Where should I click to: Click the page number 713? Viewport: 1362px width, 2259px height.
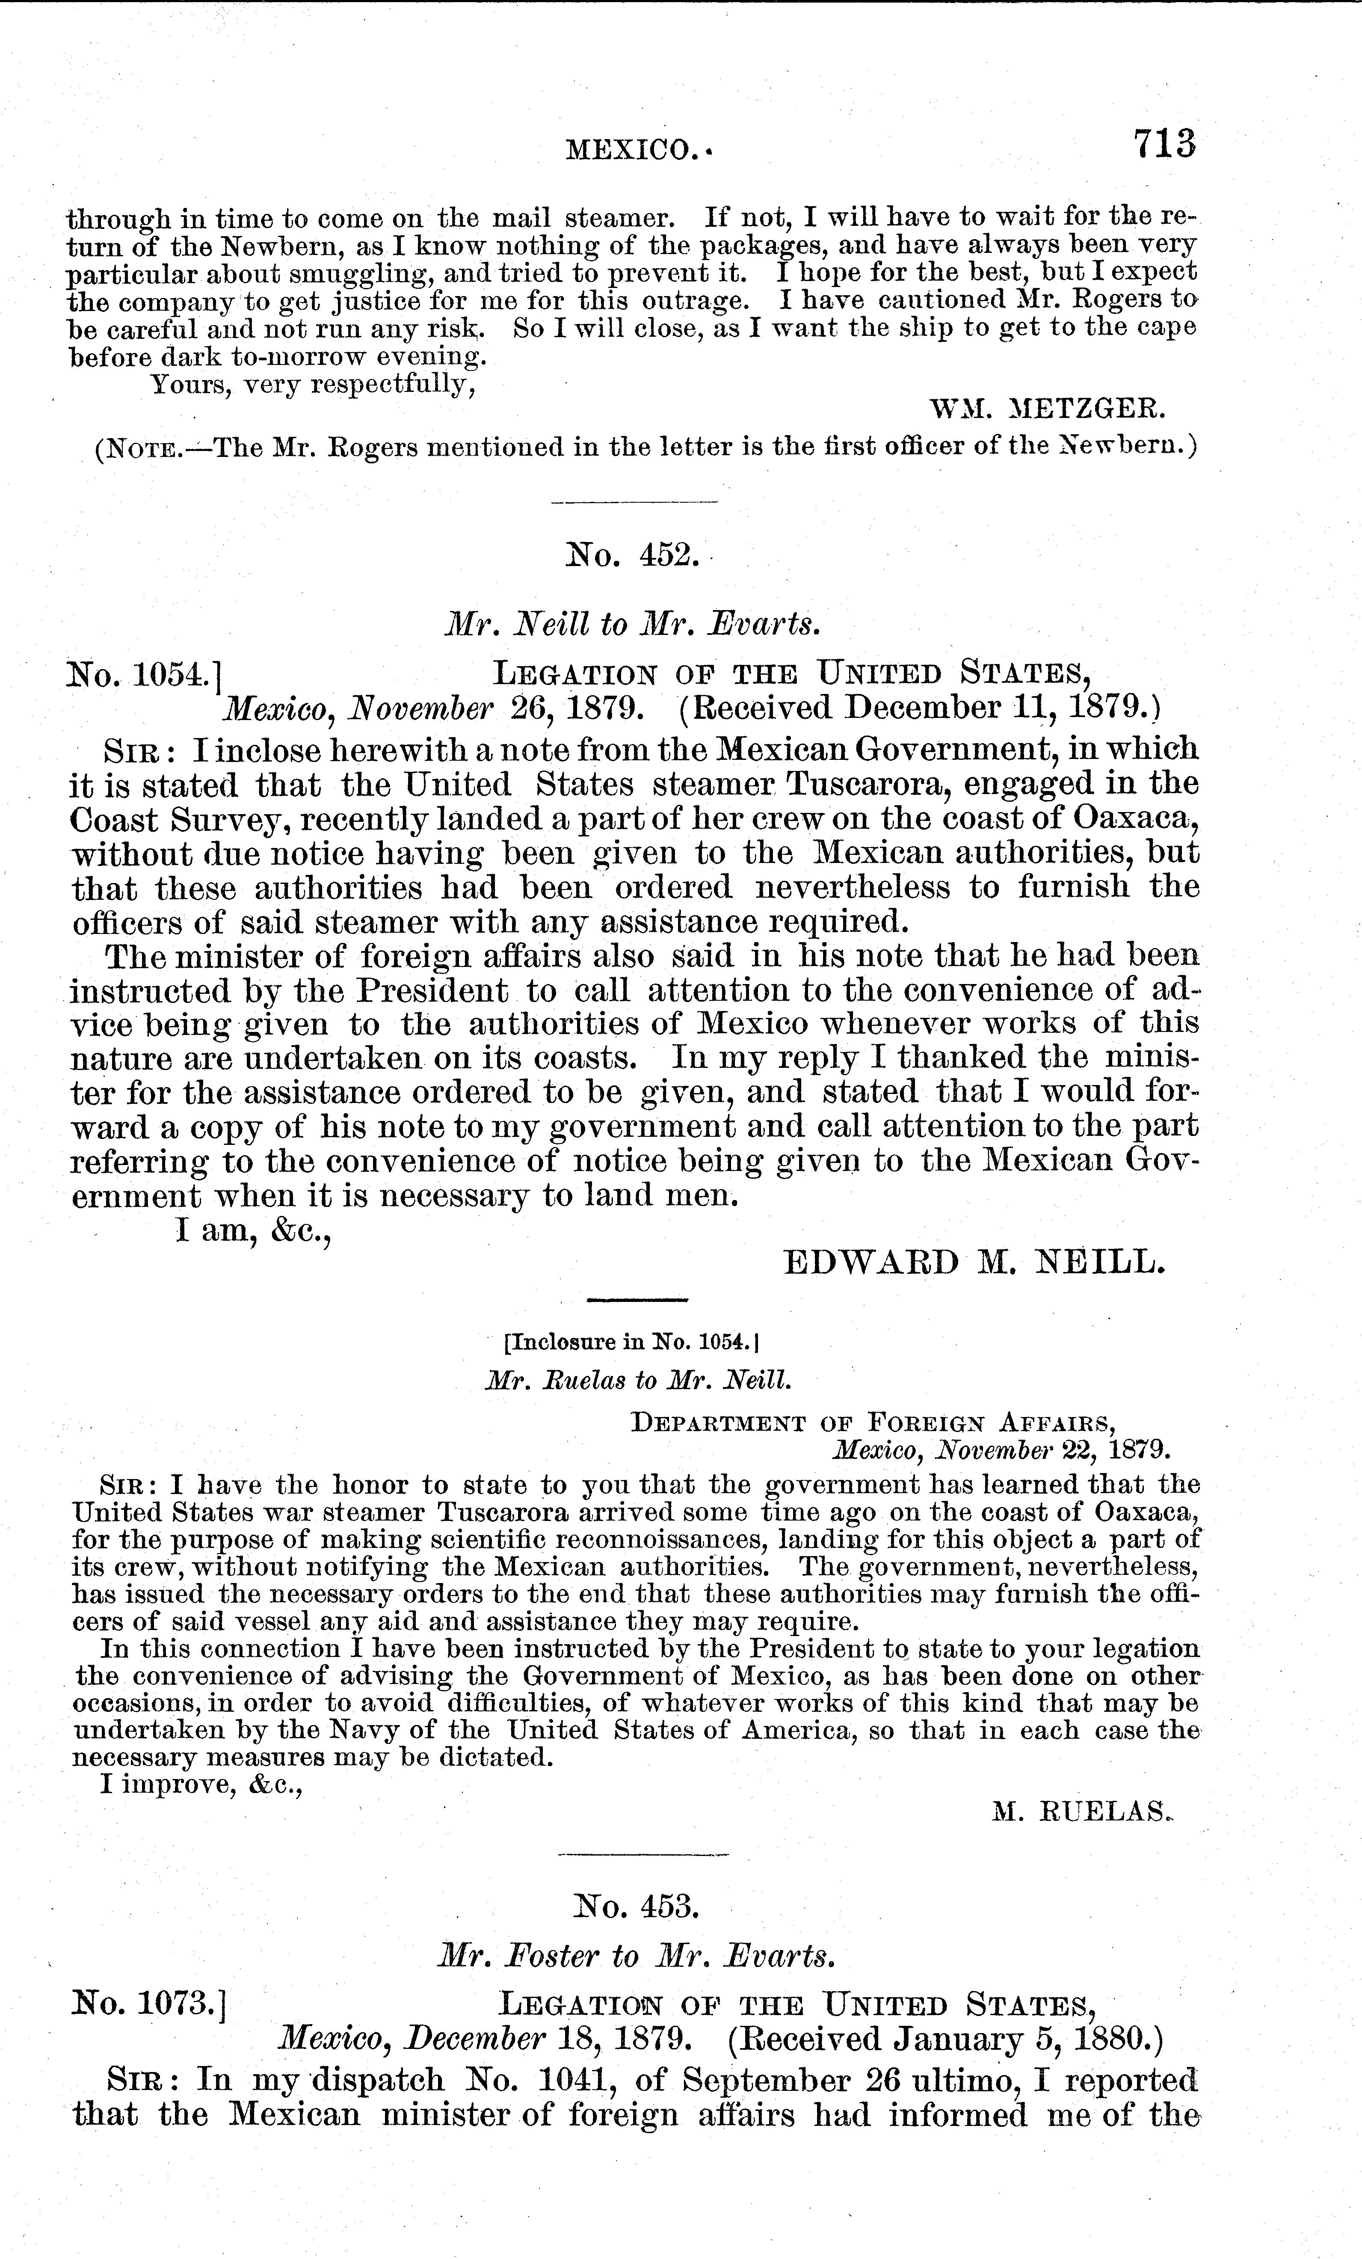click(x=1163, y=145)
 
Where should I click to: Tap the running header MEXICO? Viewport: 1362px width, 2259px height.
click(x=632, y=148)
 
